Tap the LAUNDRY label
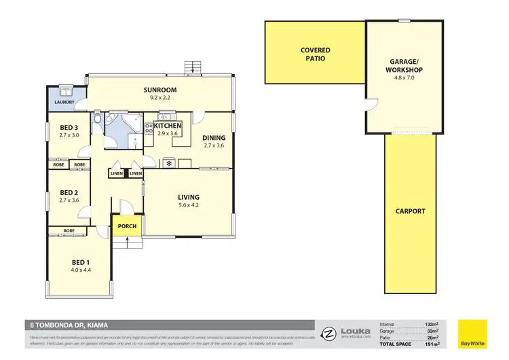point(64,103)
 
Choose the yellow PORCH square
point(127,226)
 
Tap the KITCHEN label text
point(168,126)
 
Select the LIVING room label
point(188,197)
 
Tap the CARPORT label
point(410,211)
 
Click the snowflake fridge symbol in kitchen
point(168,163)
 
